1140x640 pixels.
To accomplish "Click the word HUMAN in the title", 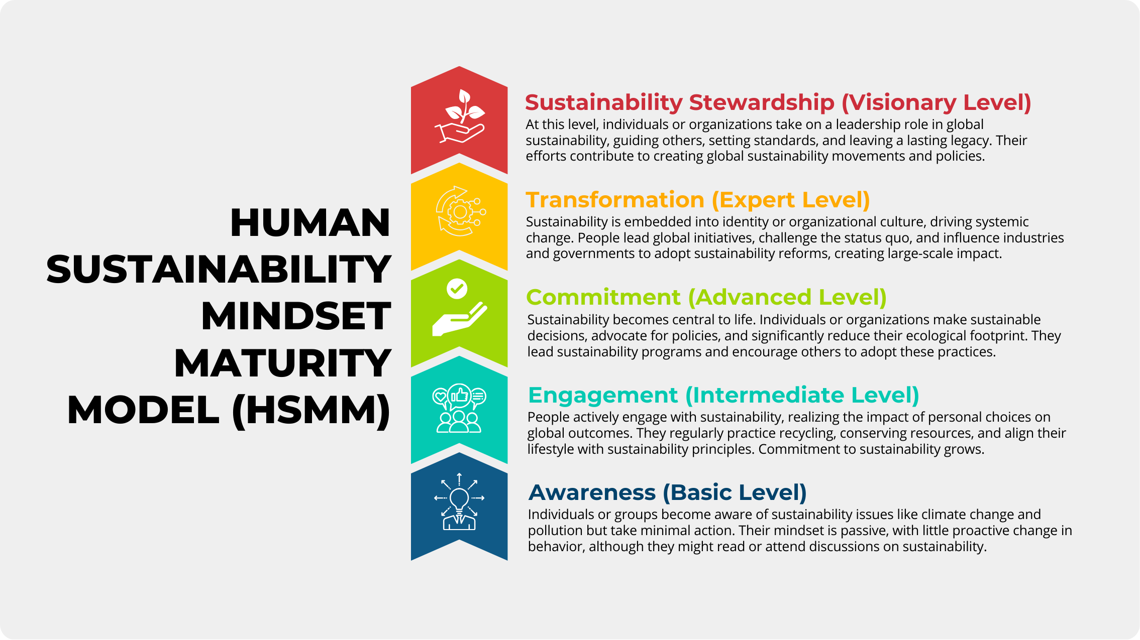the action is click(x=310, y=222).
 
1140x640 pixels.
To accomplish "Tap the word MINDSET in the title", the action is click(x=296, y=316).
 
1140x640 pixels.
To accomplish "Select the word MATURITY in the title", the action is click(x=282, y=363).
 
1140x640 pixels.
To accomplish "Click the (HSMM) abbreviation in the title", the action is click(x=312, y=411).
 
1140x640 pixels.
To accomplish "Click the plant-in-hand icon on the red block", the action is click(x=460, y=116).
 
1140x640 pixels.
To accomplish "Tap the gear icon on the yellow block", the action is click(x=460, y=212).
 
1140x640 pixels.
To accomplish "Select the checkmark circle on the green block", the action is click(x=457, y=289).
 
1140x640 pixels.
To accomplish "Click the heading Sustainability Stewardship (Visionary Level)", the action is click(x=778, y=102).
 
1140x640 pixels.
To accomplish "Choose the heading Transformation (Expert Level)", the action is click(x=698, y=200).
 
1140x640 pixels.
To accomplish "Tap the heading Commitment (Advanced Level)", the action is click(x=706, y=297).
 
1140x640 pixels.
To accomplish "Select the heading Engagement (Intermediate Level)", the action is click(x=723, y=395).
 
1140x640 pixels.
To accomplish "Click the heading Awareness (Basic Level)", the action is click(x=668, y=492).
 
